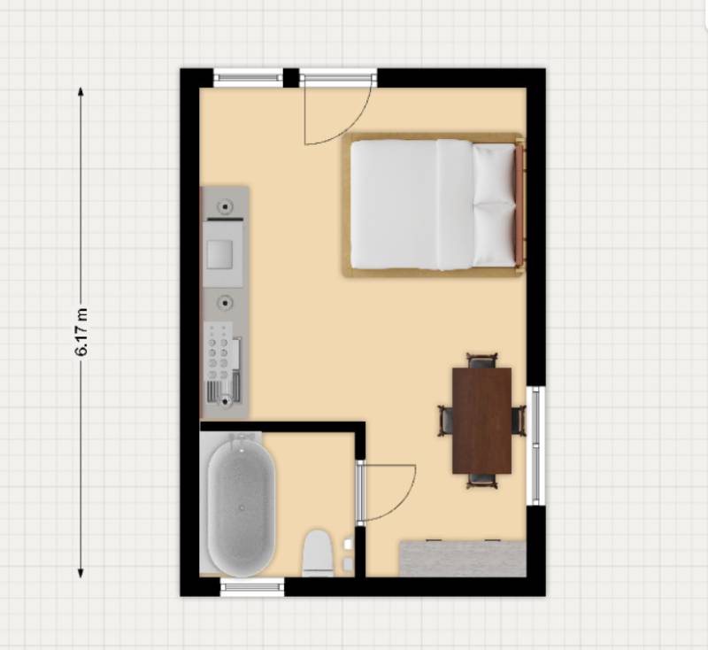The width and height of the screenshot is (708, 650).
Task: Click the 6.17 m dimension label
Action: (81, 332)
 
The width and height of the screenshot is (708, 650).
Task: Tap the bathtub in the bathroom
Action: (241, 507)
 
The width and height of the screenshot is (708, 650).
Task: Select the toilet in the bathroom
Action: (318, 553)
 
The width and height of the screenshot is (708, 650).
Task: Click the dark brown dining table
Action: (481, 421)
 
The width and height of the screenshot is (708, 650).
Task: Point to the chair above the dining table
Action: (481, 361)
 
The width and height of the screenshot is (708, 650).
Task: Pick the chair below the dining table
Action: (481, 481)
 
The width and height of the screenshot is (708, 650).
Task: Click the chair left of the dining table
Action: (446, 421)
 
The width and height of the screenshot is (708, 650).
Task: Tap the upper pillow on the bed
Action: (494, 173)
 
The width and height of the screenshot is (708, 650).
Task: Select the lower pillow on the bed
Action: (494, 234)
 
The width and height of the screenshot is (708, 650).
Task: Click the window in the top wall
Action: (248, 78)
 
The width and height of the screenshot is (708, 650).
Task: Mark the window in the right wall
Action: (536, 445)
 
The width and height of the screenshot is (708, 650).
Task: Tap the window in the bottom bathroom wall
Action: (252, 587)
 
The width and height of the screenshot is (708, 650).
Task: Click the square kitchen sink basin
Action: (219, 254)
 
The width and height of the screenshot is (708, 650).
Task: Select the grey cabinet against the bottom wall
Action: (463, 558)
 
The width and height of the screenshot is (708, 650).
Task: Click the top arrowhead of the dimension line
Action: (81, 92)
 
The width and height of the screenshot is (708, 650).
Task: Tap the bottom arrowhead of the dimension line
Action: (81, 573)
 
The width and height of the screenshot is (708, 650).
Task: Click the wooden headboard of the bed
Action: (519, 205)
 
